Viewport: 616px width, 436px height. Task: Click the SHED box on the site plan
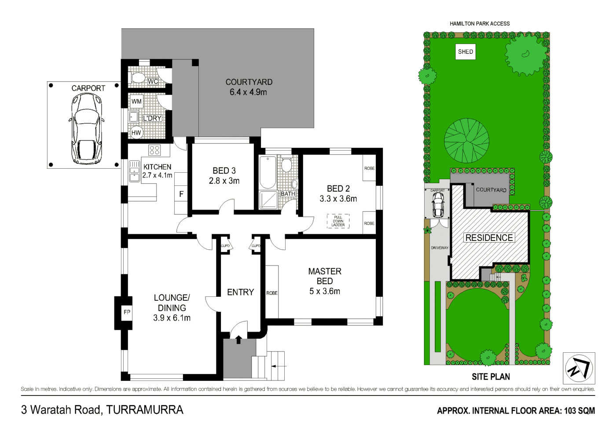(x=466, y=52)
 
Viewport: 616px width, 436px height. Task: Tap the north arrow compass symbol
(x=579, y=368)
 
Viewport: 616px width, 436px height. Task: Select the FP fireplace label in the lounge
(x=127, y=312)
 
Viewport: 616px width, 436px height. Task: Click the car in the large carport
(x=86, y=128)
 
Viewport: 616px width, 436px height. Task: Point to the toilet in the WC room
(x=138, y=78)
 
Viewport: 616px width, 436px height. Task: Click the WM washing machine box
(x=137, y=101)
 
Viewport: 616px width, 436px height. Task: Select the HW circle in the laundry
(x=136, y=133)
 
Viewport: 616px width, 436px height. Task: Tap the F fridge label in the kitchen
(x=181, y=194)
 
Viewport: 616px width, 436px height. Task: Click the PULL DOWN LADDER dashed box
(x=338, y=221)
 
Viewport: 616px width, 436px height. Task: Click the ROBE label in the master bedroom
(x=272, y=293)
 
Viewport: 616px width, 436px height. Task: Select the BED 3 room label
(x=224, y=171)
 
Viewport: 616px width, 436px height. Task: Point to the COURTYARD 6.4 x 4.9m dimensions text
(x=248, y=92)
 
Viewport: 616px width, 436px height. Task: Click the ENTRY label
(x=240, y=292)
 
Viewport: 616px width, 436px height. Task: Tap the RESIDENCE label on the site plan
(x=489, y=238)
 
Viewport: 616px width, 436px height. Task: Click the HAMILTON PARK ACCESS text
(x=480, y=24)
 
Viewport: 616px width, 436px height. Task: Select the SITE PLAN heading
(x=491, y=377)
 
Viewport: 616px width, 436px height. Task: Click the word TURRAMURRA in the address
(x=145, y=410)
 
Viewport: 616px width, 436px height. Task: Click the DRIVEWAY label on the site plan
(x=439, y=248)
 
